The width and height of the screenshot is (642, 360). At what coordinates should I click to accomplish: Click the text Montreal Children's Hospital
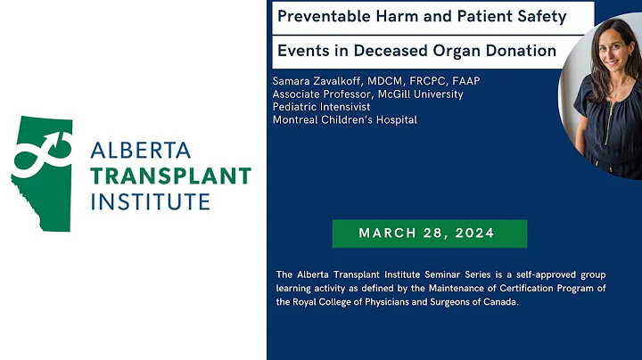click(x=344, y=119)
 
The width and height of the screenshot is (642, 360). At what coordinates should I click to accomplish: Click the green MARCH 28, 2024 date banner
click(x=429, y=233)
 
